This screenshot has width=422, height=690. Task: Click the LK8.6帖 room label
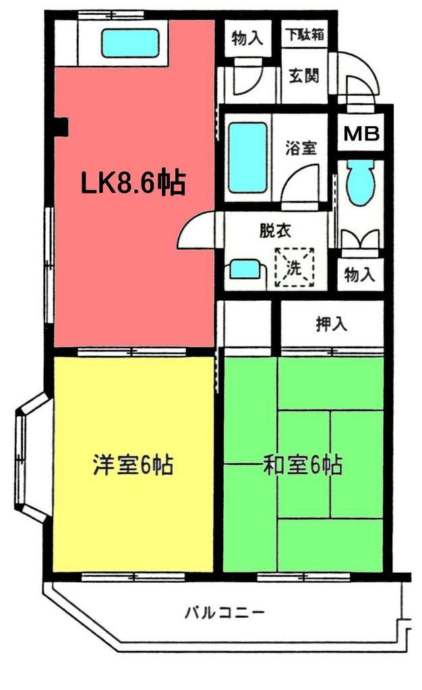click(x=133, y=183)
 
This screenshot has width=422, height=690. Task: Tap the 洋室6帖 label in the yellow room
click(x=133, y=465)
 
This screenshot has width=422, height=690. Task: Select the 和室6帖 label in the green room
click(x=303, y=465)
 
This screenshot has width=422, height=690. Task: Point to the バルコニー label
click(x=224, y=612)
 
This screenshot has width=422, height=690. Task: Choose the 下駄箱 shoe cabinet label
click(x=305, y=35)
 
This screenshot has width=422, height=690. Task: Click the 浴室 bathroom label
click(x=301, y=148)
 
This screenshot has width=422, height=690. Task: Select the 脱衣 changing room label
click(x=276, y=231)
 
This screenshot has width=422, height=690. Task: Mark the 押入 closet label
click(x=332, y=324)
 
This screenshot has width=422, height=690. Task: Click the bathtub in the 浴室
click(x=247, y=158)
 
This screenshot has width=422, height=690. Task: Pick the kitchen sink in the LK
click(x=130, y=42)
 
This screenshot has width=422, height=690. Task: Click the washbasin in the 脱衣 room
click(x=246, y=270)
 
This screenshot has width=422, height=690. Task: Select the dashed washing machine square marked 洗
click(x=295, y=268)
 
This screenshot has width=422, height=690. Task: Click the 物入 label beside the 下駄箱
click(x=247, y=38)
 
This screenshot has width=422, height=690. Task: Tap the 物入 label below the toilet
click(x=359, y=275)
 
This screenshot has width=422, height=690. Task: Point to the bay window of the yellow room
click(x=32, y=458)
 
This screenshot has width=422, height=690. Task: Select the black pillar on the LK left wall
click(x=61, y=127)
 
